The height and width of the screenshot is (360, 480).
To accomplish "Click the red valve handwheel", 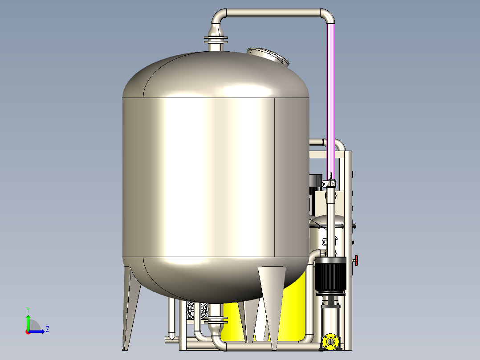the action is click(x=356, y=261).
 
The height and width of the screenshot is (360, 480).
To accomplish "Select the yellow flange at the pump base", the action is click(x=330, y=341).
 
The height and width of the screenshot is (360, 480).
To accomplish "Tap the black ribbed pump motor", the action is click(x=330, y=274).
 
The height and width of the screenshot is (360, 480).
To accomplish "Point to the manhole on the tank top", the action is click(x=268, y=55).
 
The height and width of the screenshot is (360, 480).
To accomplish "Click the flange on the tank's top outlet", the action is click(x=216, y=40).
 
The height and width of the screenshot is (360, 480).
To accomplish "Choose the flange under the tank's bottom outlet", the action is click(x=216, y=320).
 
